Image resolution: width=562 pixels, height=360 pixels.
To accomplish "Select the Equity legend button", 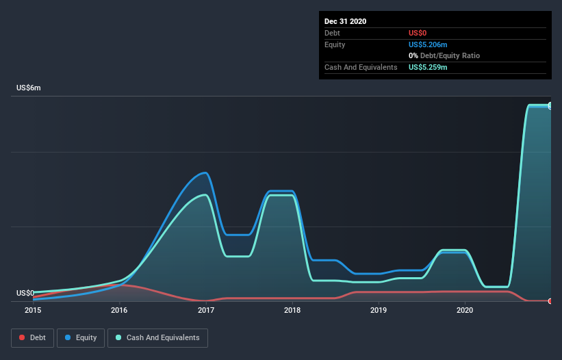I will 81,337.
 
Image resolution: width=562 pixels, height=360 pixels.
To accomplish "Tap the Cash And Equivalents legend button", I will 157,337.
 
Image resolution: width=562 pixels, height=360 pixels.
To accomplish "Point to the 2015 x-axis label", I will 33,311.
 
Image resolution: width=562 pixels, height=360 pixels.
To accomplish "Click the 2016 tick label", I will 119,311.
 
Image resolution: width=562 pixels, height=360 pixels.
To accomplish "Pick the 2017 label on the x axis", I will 206,311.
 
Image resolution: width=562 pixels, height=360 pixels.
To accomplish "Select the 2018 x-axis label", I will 292,311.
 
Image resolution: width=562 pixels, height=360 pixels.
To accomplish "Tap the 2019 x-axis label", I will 379,311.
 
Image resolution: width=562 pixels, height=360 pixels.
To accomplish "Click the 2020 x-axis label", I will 465,311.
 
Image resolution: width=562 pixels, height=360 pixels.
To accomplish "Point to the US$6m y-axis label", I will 29,88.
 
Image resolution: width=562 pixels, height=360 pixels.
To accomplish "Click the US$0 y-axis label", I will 25,293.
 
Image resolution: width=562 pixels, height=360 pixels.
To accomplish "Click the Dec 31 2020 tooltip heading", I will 345,21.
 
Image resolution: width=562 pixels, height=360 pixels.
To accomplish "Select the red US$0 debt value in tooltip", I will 419,33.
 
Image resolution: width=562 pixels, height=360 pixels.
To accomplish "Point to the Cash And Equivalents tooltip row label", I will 361,67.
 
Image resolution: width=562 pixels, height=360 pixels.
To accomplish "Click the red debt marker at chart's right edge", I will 550,301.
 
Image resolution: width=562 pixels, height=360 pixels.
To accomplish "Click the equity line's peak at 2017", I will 204,172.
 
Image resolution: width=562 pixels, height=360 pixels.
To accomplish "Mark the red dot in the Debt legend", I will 22,337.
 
